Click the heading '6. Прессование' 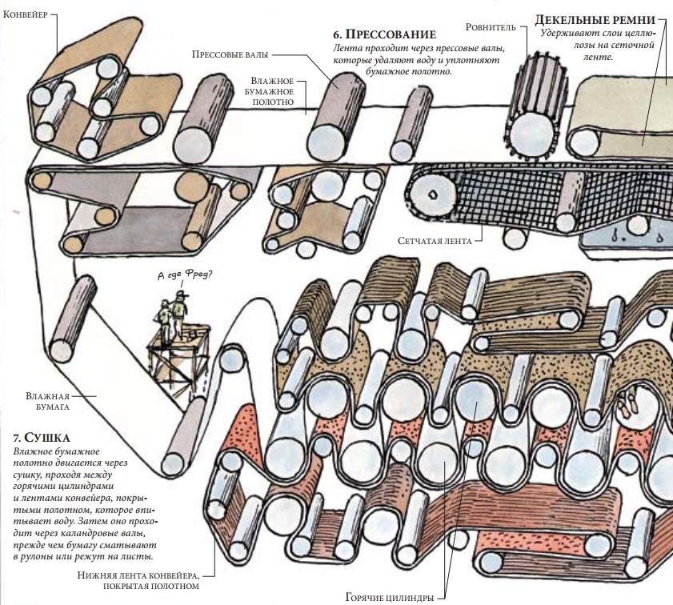383,34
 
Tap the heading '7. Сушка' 42,438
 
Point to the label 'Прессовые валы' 230,54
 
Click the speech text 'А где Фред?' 186,277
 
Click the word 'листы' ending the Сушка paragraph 137,555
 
